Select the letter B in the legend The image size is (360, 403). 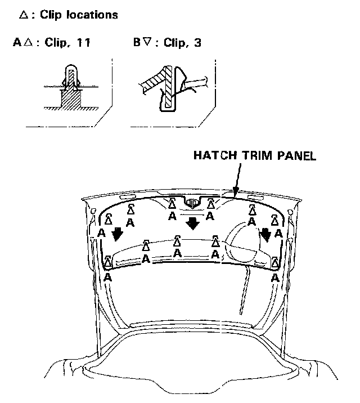pyautogui.click(x=137, y=42)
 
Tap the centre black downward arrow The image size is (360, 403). pyautogui.click(x=193, y=223)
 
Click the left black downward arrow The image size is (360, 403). pyautogui.click(x=117, y=232)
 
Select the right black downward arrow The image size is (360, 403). pyautogui.click(x=265, y=232)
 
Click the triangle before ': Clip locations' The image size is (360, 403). pyautogui.click(x=23, y=15)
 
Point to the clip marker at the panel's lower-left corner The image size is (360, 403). pyautogui.click(x=107, y=262)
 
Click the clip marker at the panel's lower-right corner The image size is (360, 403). pyautogui.click(x=275, y=262)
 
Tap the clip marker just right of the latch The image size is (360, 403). pyautogui.click(x=211, y=203)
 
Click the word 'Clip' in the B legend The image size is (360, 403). pyautogui.click(x=172, y=42)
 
